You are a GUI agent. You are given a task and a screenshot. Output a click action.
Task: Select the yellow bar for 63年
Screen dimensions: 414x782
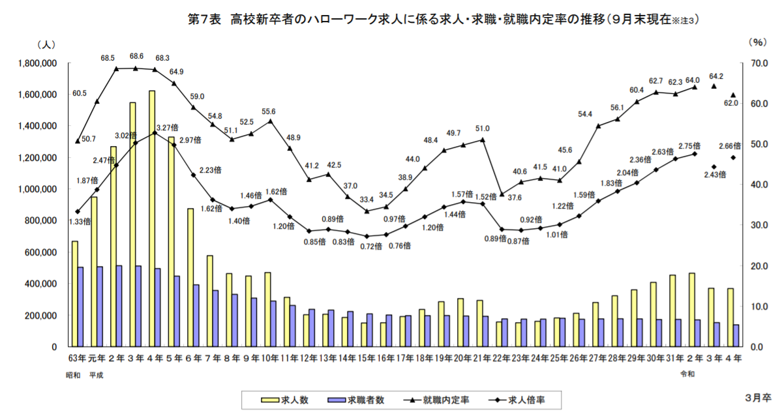click(75, 293)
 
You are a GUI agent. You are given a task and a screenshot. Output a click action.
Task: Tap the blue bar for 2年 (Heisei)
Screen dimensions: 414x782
click(119, 306)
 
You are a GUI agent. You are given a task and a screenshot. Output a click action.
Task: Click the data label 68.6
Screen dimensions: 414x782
click(136, 57)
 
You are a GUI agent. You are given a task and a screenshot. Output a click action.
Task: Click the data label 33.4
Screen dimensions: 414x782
click(367, 200)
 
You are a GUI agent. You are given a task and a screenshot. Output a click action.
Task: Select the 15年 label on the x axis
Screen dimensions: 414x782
click(367, 359)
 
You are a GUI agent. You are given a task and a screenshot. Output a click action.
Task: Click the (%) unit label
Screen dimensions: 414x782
click(757, 43)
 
